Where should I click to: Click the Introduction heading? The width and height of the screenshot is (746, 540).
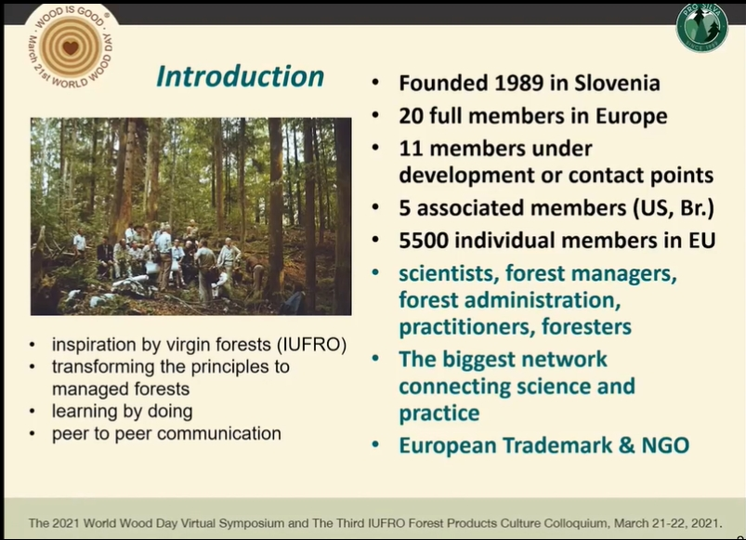tap(240, 76)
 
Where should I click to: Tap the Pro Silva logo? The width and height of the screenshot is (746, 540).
tap(701, 27)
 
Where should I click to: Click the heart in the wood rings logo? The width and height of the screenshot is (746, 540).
tap(71, 47)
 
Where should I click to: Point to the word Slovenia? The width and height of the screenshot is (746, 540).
tap(617, 84)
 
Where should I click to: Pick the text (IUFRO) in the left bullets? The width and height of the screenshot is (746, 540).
tap(311, 345)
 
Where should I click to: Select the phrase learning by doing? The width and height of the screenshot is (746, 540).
tap(123, 412)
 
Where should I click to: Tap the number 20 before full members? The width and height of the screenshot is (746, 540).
tap(411, 116)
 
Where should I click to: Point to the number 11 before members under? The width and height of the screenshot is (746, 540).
tap(411, 149)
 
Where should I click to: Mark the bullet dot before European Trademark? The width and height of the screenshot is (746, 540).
tap(376, 445)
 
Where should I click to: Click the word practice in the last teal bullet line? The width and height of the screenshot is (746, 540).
tap(439, 414)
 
